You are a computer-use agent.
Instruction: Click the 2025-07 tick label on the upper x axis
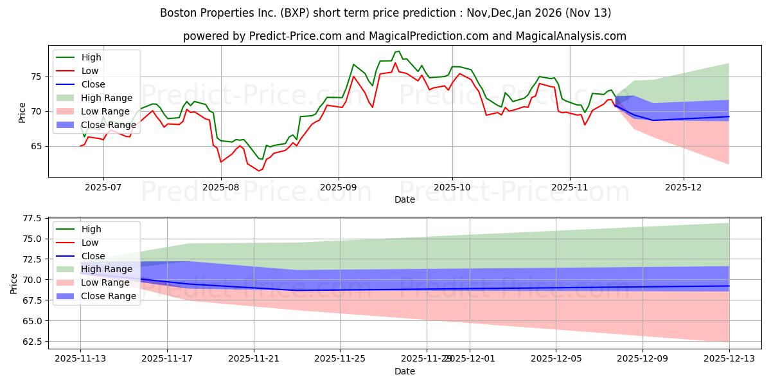[103, 187]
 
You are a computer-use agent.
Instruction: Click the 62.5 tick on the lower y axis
[32, 341]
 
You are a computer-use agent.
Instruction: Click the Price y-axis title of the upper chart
[22, 111]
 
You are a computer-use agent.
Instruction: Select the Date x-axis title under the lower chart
[404, 371]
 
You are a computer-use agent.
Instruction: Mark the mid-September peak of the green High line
[398, 51]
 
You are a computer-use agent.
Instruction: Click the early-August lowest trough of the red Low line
[259, 170]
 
